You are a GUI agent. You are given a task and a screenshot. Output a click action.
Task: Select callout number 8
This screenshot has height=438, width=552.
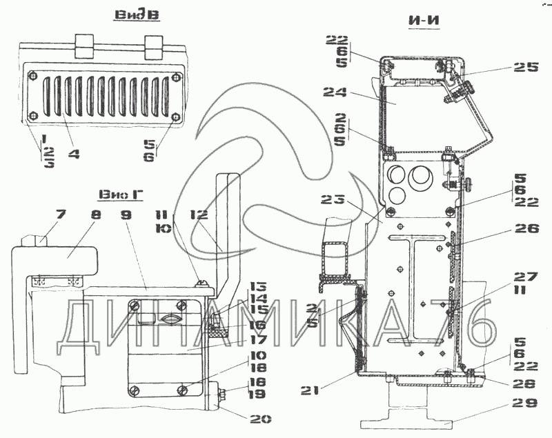click(x=96, y=216)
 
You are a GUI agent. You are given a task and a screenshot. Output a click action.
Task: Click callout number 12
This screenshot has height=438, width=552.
click(x=200, y=216)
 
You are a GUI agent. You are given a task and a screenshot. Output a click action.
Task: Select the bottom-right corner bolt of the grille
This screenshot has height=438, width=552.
click(x=175, y=115)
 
